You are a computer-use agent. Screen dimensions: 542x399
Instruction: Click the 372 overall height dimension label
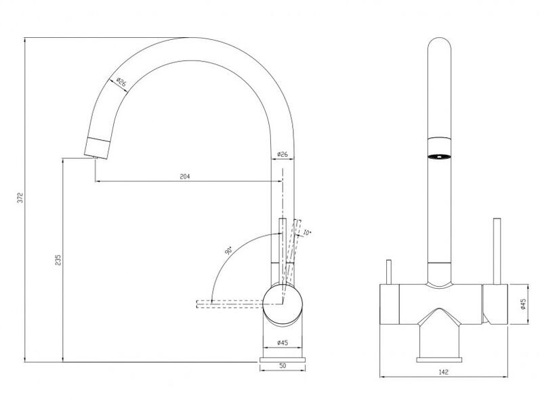[20, 197]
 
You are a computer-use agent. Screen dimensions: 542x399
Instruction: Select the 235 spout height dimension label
[58, 260]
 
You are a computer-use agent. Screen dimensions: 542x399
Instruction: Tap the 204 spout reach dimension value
[185, 177]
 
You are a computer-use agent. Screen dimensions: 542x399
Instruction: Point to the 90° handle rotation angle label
[228, 251]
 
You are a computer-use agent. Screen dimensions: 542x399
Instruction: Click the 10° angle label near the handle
[307, 233]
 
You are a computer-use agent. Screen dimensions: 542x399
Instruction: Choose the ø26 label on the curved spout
[121, 83]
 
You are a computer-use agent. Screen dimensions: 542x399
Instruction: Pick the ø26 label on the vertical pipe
[283, 154]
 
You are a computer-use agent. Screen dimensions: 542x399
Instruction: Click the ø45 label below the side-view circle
[283, 343]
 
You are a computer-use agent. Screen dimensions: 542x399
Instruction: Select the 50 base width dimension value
[283, 365]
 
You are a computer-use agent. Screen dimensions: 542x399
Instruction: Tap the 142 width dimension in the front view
[444, 372]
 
